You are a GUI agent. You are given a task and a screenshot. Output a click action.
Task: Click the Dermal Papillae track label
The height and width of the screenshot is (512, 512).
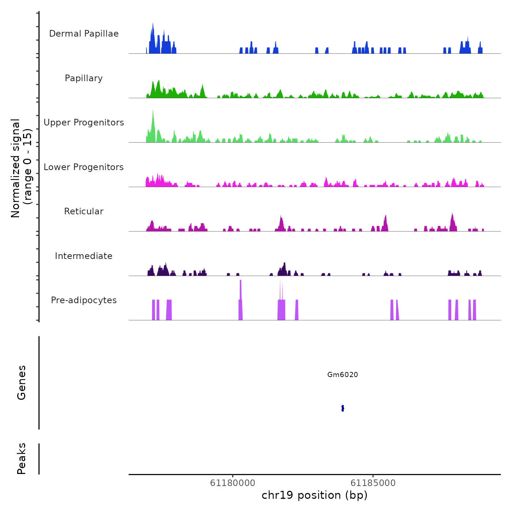[x=84, y=34]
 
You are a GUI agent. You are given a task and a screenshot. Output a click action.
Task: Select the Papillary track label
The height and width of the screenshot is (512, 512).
[x=84, y=78]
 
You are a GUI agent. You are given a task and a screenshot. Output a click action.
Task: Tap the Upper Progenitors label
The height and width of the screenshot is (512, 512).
[x=84, y=123]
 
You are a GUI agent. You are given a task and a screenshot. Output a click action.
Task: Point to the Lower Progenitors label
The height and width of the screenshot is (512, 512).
[x=84, y=167]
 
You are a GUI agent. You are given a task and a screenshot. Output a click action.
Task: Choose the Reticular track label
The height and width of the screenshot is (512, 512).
[x=84, y=211]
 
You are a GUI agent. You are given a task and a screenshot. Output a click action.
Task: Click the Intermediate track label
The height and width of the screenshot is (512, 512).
[x=84, y=256]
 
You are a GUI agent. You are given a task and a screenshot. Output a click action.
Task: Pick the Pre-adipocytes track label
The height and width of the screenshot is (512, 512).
[x=84, y=300]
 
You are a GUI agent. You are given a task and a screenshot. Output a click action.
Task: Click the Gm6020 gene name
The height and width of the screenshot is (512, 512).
[x=342, y=374]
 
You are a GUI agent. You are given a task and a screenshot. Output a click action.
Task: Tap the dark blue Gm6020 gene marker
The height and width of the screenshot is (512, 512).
[x=343, y=408]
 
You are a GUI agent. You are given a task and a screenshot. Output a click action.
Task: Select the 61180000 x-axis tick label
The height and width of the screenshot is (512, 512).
[x=233, y=483]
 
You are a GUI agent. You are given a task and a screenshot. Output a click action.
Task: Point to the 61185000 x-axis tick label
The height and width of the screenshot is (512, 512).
[x=373, y=483]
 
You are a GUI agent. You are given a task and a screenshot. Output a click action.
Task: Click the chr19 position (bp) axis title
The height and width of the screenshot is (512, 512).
[x=315, y=495]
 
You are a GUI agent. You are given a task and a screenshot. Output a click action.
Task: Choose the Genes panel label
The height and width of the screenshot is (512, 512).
[x=22, y=383]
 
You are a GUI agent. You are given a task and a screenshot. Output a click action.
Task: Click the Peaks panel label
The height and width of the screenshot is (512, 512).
[x=22, y=459]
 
